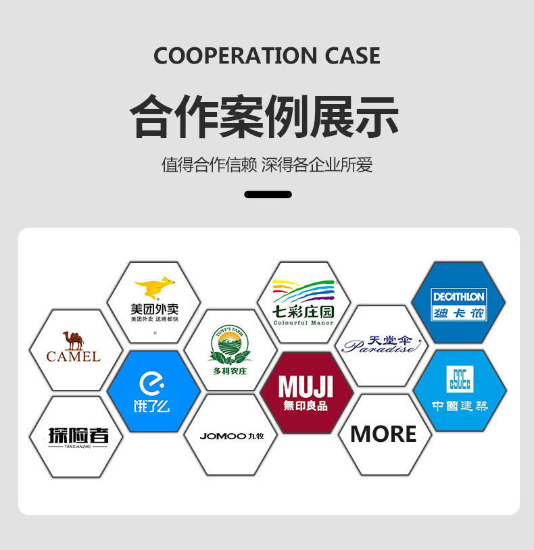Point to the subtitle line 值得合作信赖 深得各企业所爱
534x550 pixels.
click(267, 164)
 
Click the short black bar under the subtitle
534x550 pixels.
click(268, 195)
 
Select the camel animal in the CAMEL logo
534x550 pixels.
click(73, 340)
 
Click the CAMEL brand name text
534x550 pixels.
click(74, 356)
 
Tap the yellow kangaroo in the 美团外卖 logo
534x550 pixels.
click(154, 288)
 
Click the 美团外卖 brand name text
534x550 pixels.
click(155, 309)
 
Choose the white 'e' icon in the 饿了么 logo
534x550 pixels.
click(152, 383)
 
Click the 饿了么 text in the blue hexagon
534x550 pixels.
click(152, 406)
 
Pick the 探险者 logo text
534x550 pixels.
click(78, 435)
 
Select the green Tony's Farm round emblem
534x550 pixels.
click(229, 346)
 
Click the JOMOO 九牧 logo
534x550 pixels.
click(230, 436)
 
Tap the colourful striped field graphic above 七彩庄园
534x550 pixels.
click(304, 292)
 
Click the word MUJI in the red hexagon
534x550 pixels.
click(306, 388)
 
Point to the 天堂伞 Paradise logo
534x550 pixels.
click(382, 345)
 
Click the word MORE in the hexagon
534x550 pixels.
click(383, 434)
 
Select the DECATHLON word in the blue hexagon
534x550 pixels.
click(459, 297)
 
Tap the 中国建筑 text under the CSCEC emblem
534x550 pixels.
click(460, 406)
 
